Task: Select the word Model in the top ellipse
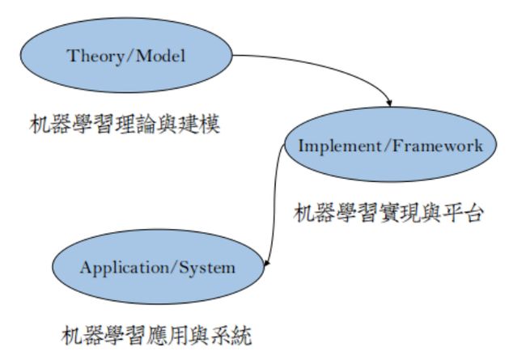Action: pos(160,55)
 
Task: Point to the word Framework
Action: pos(438,146)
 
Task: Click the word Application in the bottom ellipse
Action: pos(125,268)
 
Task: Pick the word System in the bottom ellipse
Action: pos(207,268)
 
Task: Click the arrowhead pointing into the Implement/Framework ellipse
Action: pos(389,103)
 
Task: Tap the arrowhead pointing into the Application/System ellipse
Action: pos(266,264)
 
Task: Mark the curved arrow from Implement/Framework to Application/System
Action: pos(275,205)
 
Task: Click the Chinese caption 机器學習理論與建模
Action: pos(125,125)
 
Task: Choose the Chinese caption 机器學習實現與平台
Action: pos(389,213)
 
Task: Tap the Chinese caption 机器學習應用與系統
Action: pos(156,335)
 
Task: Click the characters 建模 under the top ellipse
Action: pos(199,125)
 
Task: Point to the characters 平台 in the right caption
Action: pos(464,213)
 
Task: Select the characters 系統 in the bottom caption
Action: pos(231,335)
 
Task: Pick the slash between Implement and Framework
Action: pos(387,146)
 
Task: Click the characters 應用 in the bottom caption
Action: pos(167,335)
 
